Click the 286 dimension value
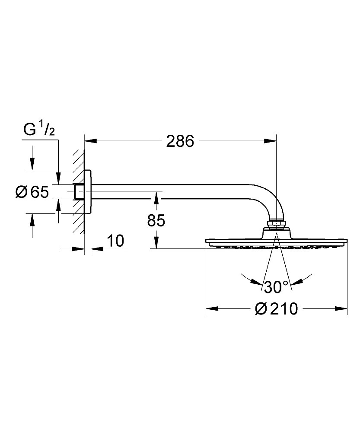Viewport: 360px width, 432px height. pyautogui.click(x=180, y=141)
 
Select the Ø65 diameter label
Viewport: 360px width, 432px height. pyautogui.click(x=32, y=192)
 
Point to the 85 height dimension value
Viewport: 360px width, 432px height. pyautogui.click(x=156, y=220)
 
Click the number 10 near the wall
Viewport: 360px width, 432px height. pyautogui.click(x=115, y=241)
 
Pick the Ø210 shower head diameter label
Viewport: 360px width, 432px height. pyautogui.click(x=277, y=308)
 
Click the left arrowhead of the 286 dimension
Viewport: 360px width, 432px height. pyautogui.click(x=90, y=141)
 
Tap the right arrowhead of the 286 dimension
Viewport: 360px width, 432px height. pyautogui.click(x=270, y=141)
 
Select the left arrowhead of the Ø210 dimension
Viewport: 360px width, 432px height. pyautogui.click(x=212, y=308)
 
